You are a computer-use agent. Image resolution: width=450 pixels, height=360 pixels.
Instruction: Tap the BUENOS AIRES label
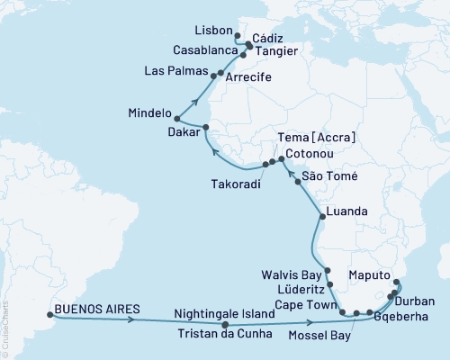(97, 309)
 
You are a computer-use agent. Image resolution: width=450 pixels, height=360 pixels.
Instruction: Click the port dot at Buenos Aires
(49, 315)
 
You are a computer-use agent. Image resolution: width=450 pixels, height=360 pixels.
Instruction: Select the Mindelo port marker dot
(176, 118)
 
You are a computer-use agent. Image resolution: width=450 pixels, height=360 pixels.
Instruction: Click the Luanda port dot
(321, 217)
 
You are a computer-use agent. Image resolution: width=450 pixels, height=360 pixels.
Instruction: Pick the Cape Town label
(290, 303)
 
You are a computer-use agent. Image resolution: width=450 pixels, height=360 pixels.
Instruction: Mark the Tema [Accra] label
(319, 137)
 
